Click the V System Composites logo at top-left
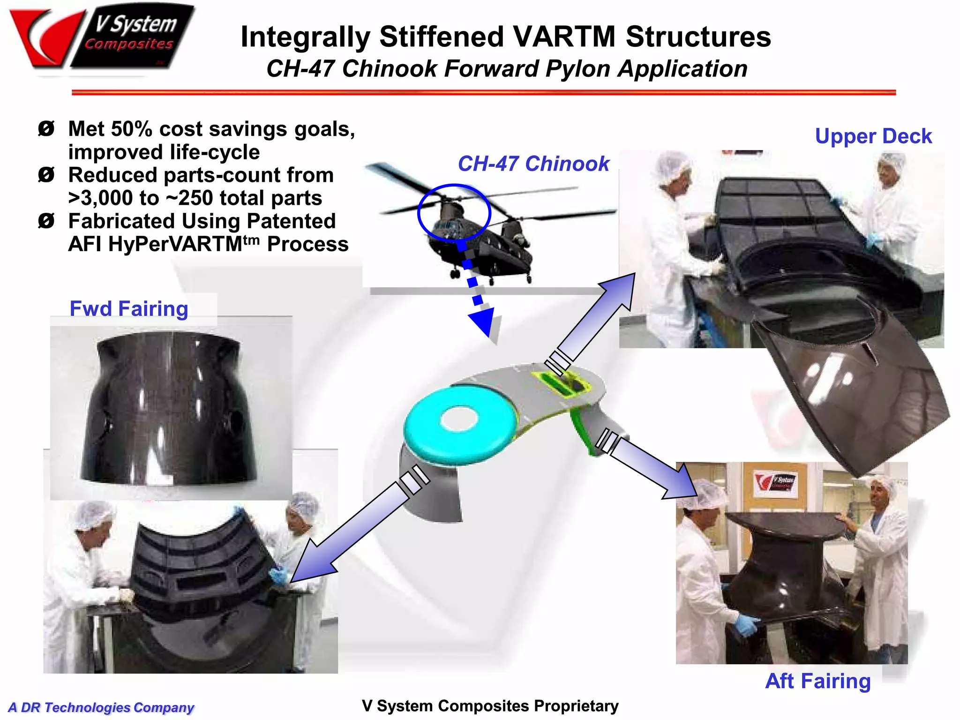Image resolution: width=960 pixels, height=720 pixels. (x=101, y=37)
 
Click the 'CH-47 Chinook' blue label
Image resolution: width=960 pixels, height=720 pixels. (x=533, y=164)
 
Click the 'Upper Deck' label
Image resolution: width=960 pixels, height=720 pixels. (x=873, y=136)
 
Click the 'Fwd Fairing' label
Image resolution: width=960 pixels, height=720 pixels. (x=129, y=309)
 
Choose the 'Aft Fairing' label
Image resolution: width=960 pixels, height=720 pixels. (x=817, y=681)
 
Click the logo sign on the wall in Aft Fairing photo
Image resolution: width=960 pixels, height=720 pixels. (x=775, y=482)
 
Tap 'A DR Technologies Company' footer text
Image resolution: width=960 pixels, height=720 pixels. (x=101, y=707)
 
